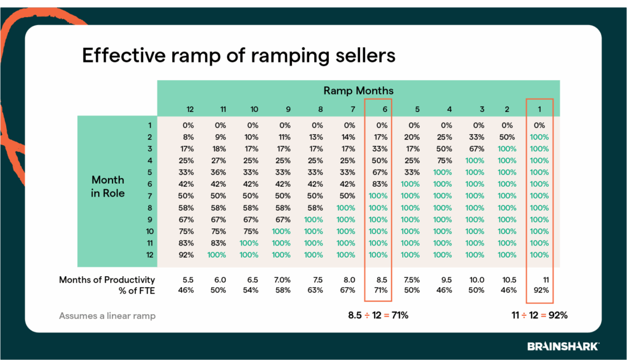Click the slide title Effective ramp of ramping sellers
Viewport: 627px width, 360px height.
239,55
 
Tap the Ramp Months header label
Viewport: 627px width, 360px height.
358,91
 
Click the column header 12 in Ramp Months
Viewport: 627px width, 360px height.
190,109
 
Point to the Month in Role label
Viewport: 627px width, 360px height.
108,186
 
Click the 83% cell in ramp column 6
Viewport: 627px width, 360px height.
380,184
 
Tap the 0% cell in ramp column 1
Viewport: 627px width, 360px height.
539,126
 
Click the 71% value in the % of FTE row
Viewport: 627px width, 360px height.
380,290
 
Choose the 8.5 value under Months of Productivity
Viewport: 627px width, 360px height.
380,279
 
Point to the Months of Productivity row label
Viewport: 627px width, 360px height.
107,279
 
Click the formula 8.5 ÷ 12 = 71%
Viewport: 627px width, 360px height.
378,315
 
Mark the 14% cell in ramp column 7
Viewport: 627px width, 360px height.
346,137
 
